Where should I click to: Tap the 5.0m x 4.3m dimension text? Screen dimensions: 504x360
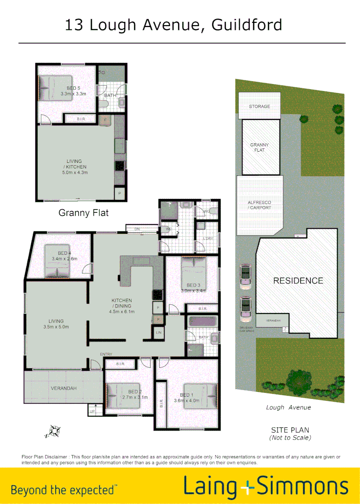pos(75,173)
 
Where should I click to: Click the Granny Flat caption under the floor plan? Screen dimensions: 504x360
pos(83,213)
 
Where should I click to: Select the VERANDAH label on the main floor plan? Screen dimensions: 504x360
pos(63,388)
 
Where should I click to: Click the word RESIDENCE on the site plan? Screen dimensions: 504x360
pos(298,280)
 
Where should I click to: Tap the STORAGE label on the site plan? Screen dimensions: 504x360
pos(259,106)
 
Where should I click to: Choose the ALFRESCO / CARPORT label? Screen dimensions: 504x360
pos(259,205)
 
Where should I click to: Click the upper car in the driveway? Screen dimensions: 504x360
pos(244,275)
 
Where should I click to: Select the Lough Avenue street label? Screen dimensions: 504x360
pos(288,407)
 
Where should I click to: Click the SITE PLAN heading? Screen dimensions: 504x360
pos(290,430)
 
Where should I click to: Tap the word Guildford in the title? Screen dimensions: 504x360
pos(247,24)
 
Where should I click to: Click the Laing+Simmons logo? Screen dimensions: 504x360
pos(266,486)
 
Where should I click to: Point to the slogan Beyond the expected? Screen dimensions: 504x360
pos(64,490)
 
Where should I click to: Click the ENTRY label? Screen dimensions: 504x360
pos(106,355)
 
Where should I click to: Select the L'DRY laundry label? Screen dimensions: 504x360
pos(208,238)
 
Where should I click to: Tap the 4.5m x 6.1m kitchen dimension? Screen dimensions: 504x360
pos(122,312)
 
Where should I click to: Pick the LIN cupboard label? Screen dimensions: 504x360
pos(159,332)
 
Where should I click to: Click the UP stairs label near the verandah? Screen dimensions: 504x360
pos(92,412)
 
